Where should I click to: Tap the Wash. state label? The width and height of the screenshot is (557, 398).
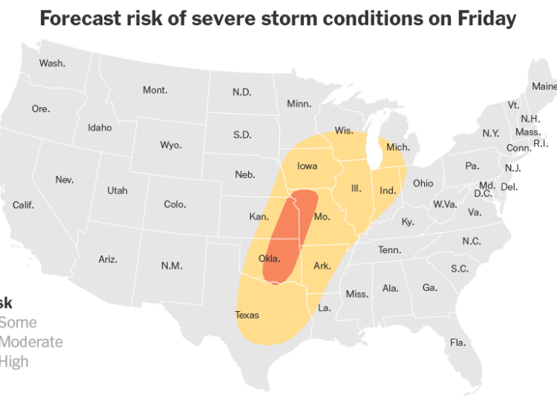tap(52, 63)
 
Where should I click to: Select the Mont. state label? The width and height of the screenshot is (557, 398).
tap(155, 91)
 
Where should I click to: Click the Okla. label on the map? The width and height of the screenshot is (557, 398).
tap(270, 259)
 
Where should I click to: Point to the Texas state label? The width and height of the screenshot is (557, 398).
tap(247, 315)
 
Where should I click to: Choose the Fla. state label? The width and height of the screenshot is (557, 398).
tap(457, 342)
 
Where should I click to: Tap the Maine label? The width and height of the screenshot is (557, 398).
tap(544, 87)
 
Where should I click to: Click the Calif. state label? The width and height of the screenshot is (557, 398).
tap(23, 205)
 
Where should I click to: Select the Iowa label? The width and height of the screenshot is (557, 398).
tap(307, 166)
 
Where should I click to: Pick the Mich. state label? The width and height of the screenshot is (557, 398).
tap(398, 147)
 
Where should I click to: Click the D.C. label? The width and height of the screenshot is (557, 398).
tap(483, 194)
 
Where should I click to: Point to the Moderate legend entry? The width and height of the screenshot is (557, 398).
tap(31, 342)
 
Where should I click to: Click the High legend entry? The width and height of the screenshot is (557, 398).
tap(13, 362)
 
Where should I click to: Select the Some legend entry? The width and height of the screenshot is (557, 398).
tap(18, 323)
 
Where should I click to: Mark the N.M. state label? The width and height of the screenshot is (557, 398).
tap(172, 265)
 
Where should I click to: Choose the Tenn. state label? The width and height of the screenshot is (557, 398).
tap(389, 250)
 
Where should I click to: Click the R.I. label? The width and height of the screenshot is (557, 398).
tap(541, 143)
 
